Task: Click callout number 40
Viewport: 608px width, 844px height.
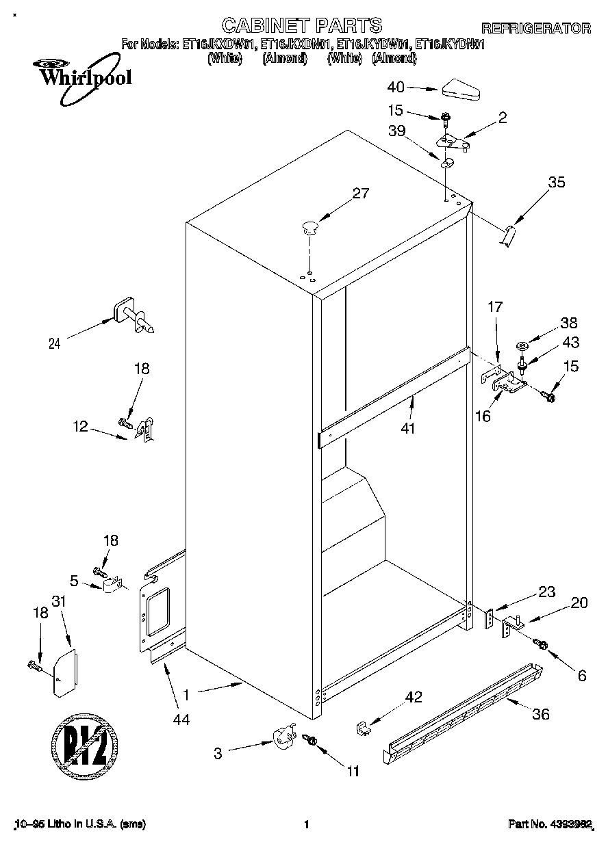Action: (x=396, y=87)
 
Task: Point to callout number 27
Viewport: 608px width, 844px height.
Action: (x=360, y=194)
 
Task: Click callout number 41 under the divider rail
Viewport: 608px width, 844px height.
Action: (x=411, y=429)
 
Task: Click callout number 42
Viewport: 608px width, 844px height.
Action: (x=414, y=698)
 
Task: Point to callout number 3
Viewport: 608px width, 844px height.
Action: (x=218, y=754)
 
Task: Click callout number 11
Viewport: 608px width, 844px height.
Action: (x=353, y=772)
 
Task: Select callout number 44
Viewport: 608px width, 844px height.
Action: (x=181, y=719)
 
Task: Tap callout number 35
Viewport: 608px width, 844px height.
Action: (x=557, y=182)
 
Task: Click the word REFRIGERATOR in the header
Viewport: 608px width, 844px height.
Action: (x=535, y=28)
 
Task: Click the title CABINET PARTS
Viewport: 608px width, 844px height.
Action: (x=301, y=26)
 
